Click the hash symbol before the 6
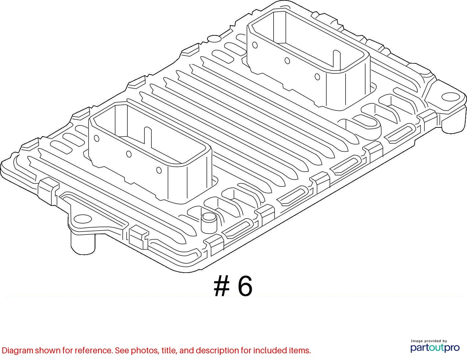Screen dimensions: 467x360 [221, 286]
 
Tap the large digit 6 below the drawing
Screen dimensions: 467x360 [245, 286]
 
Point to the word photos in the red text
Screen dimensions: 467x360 [143, 351]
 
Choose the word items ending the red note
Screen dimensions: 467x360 [299, 350]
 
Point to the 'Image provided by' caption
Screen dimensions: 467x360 [429, 341]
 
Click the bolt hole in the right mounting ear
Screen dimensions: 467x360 [450, 96]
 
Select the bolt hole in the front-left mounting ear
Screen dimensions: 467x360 [82, 219]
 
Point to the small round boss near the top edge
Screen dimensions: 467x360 [214, 39]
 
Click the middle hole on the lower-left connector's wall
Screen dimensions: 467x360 [129, 154]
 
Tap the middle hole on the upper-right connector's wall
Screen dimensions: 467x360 [287, 61]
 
